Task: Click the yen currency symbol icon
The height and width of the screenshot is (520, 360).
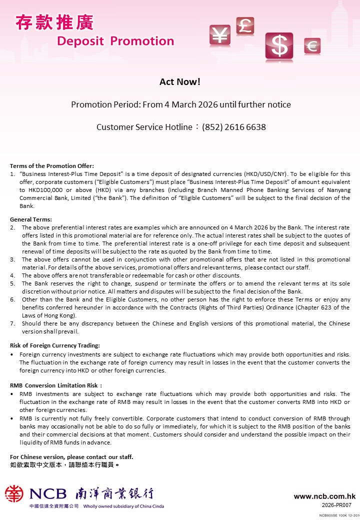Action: (218, 34)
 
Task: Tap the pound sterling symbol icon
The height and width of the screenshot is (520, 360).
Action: (245, 25)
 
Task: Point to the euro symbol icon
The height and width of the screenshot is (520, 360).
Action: (312, 46)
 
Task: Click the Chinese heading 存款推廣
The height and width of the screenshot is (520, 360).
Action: (54, 22)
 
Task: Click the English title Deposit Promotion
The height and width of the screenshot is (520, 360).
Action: (115, 41)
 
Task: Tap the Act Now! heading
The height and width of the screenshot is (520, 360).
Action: (180, 82)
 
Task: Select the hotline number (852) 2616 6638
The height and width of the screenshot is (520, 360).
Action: (234, 127)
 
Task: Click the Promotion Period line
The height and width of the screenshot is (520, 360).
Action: (180, 104)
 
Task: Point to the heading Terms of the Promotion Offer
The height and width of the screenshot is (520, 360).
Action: (52, 166)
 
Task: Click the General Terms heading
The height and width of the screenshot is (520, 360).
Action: (31, 219)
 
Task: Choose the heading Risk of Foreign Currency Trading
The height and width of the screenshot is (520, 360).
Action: (55, 345)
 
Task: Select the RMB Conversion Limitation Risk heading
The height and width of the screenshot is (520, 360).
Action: (56, 385)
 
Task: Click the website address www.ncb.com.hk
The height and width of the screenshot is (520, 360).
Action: (324, 496)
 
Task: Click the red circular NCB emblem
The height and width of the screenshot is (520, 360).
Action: (14, 494)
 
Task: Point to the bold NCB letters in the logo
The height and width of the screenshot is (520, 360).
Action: (48, 494)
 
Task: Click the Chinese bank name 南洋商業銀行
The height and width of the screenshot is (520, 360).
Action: (114, 494)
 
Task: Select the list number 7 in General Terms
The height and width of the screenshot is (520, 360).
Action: (12, 323)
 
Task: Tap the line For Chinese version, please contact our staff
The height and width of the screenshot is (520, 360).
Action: (71, 457)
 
